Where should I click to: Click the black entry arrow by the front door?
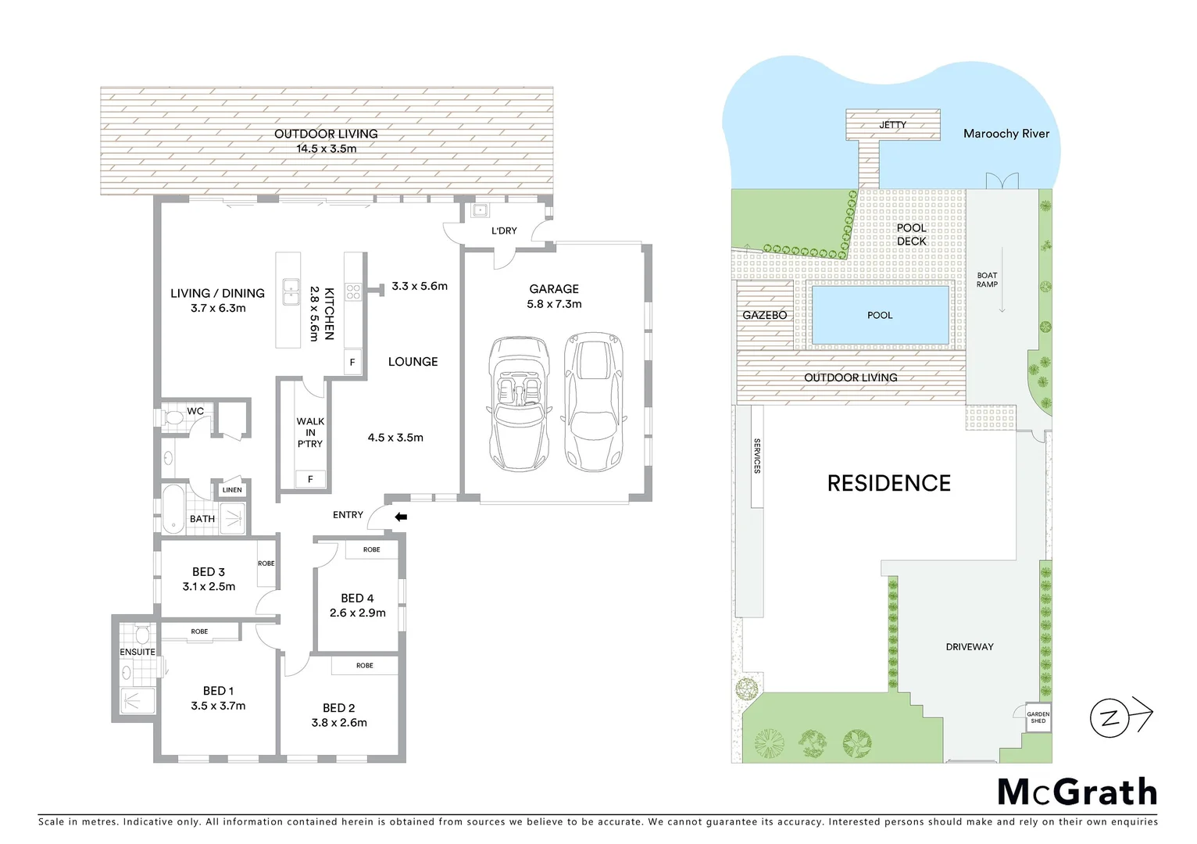401,517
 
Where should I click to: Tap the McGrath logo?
1077,792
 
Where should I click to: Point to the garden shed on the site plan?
1038,717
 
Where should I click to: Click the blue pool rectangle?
880,315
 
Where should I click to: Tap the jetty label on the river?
892,125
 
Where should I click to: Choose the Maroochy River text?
1006,134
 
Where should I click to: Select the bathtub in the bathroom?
173,509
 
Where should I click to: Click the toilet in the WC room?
173,419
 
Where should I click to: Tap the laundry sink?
479,210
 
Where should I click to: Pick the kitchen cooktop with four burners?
353,292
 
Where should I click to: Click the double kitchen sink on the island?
291,292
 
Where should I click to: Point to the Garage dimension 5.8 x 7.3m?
554,304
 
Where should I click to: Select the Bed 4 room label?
357,598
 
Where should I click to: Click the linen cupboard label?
232,490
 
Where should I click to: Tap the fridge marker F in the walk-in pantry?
310,479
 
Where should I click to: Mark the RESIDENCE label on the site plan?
888,484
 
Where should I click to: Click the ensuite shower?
137,700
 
